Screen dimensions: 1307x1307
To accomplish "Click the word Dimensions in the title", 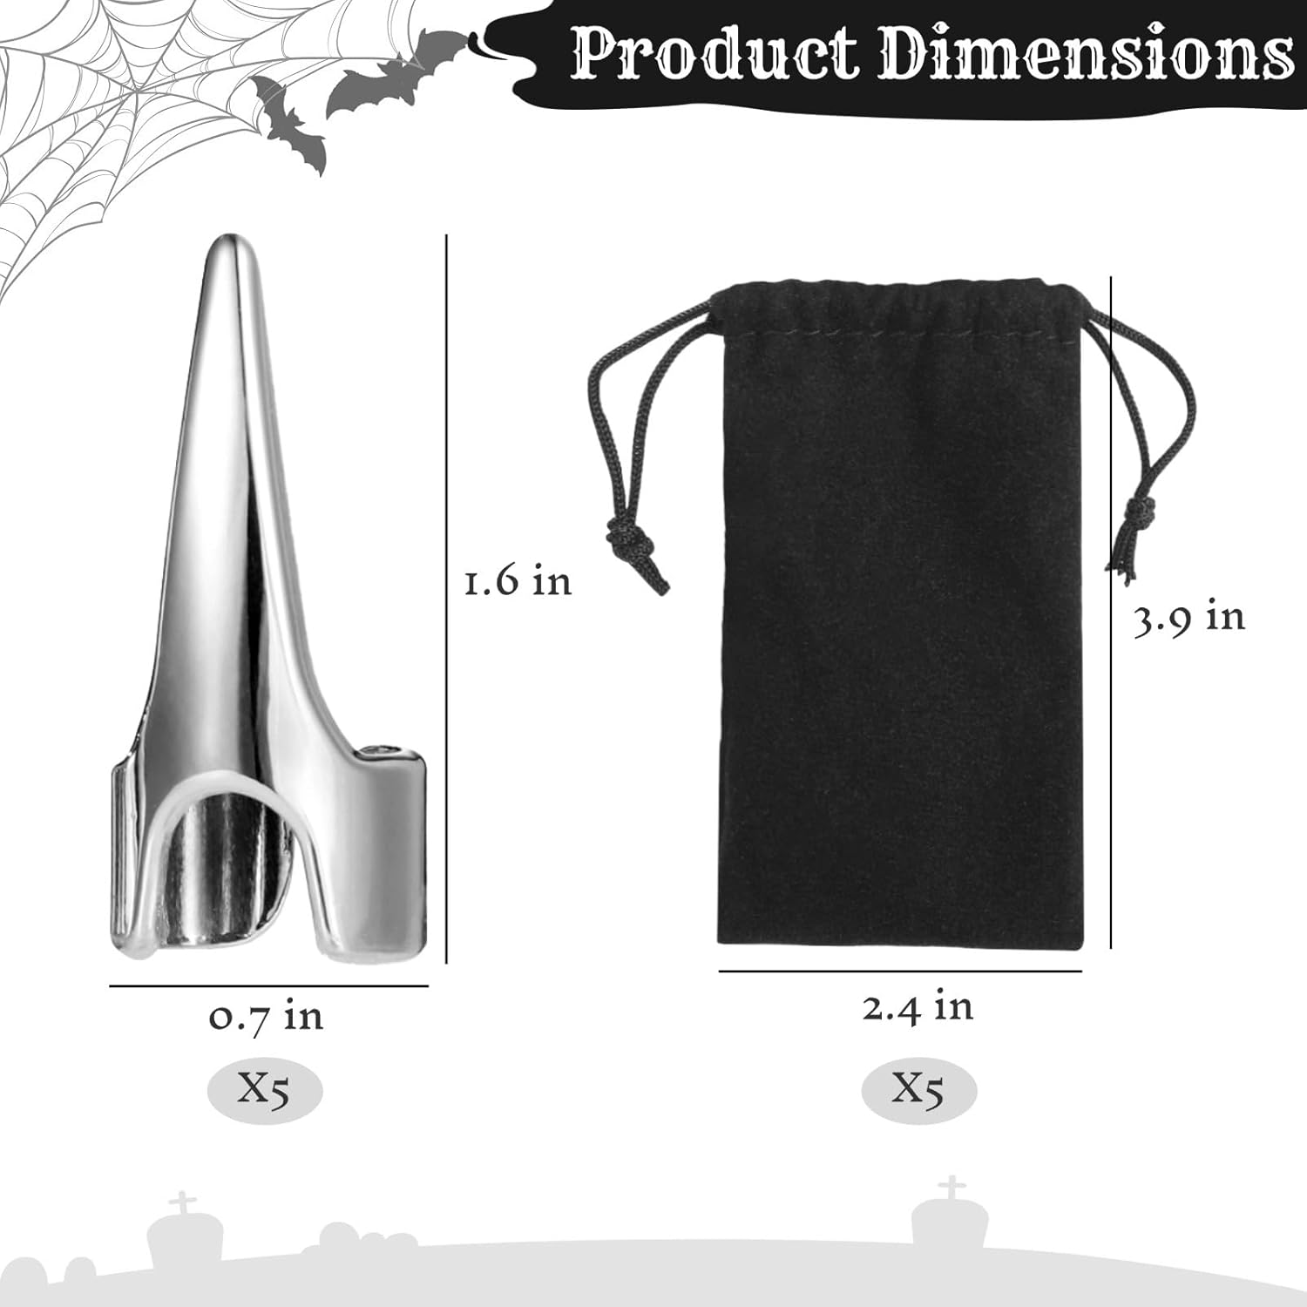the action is click(1087, 54).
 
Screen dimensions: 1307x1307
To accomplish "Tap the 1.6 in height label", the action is click(518, 581).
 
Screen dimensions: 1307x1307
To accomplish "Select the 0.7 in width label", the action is click(266, 1017).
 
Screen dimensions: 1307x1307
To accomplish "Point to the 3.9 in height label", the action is click(1189, 618).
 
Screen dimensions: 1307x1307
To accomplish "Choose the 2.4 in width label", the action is click(918, 1007).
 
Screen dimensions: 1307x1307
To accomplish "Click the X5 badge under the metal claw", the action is click(265, 1090).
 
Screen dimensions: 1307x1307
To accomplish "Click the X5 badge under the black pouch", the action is click(918, 1089).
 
